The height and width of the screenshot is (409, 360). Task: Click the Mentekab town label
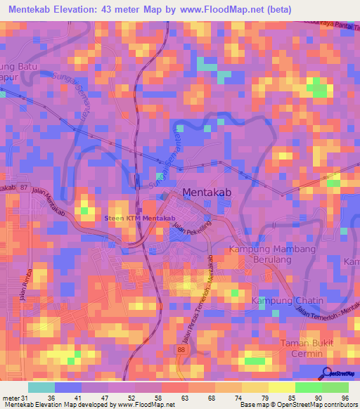[x=207, y=191]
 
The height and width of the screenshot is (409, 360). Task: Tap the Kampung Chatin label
[x=288, y=301]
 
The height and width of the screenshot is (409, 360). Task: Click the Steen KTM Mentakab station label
[x=139, y=219]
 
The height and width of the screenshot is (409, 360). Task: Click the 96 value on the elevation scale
[x=344, y=398]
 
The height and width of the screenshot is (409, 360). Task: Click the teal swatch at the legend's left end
[x=41, y=387]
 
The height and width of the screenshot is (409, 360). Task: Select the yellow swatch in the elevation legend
[x=281, y=387]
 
